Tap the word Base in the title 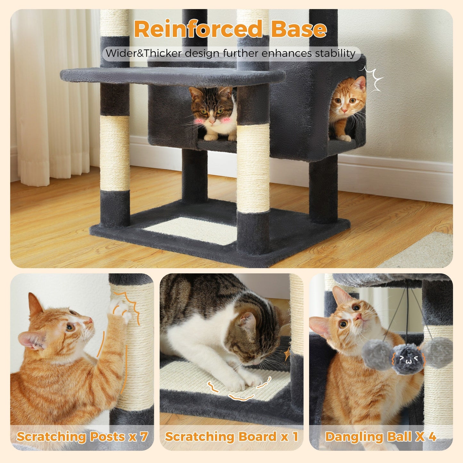coord(299,29)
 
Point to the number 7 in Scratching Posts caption coord(144,436)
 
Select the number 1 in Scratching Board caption coord(295,436)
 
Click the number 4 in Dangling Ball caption coord(432,436)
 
